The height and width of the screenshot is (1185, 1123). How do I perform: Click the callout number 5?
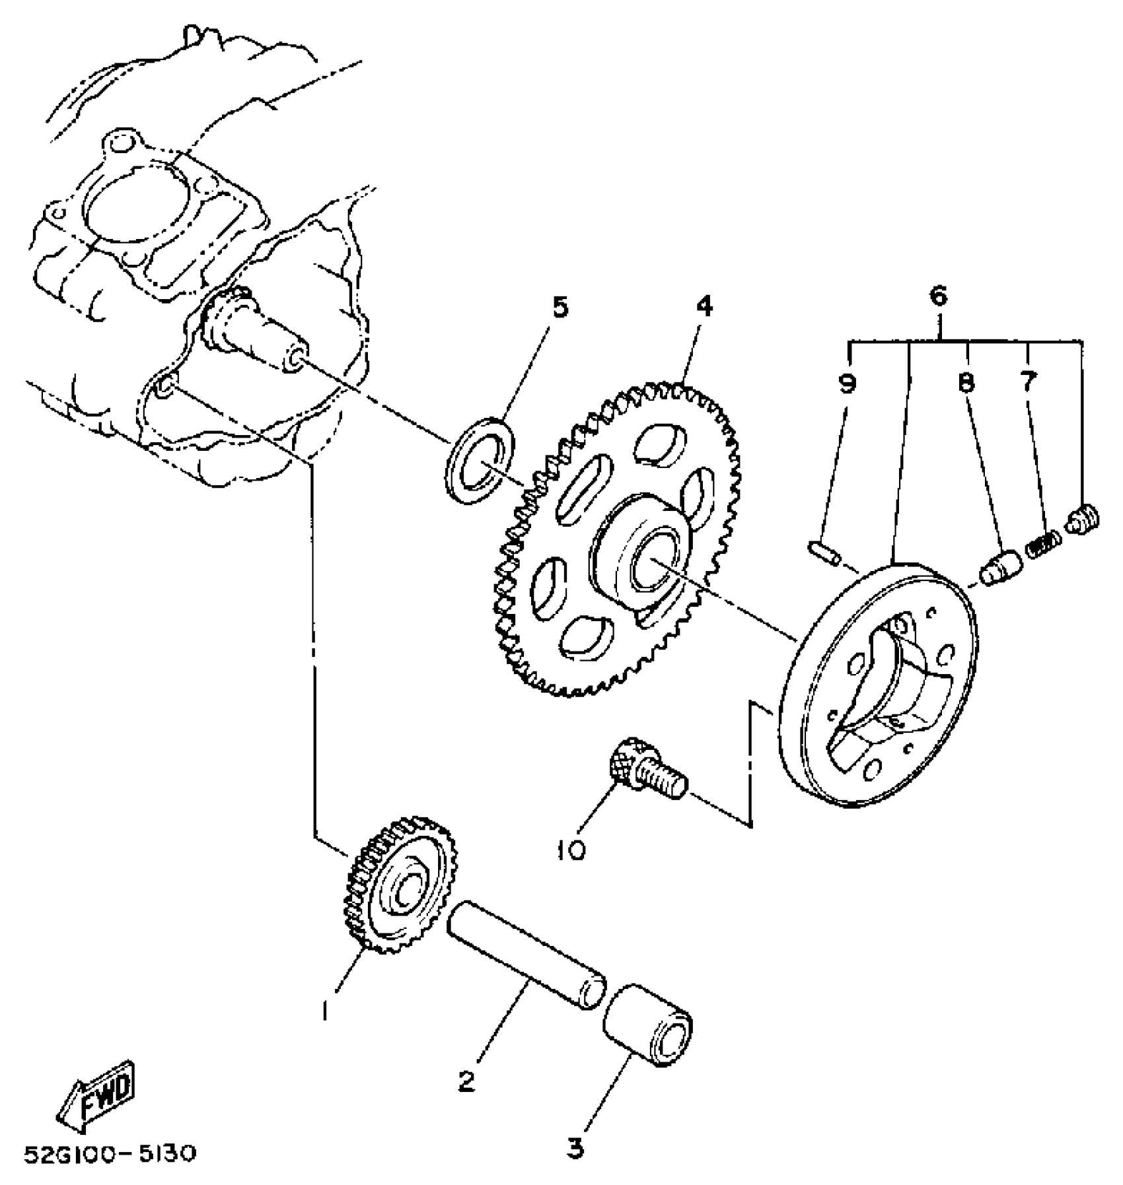(x=560, y=308)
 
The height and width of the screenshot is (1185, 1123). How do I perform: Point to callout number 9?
(x=847, y=384)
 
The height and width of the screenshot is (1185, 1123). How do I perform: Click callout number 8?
(x=966, y=384)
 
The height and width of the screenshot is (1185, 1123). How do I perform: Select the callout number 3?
(x=575, y=1149)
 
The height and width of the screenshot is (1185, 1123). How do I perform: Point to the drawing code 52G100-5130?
(x=110, y=1155)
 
